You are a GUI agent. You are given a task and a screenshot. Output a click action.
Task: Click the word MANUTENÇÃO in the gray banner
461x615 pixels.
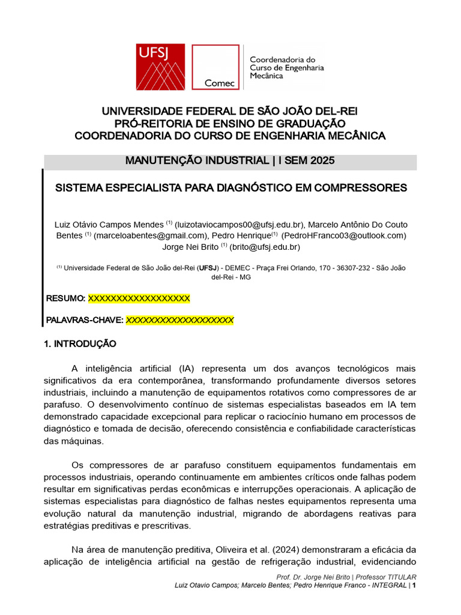(x=160, y=162)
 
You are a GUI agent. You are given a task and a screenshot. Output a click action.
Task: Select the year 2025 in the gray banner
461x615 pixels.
(x=321, y=162)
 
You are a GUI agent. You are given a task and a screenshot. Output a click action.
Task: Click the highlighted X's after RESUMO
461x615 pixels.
(x=139, y=298)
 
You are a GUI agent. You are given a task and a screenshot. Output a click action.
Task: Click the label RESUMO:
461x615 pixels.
(x=65, y=298)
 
